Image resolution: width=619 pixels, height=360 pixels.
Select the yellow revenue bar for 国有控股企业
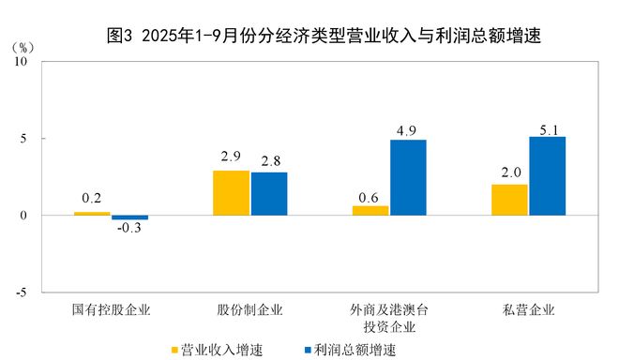(x=92, y=214)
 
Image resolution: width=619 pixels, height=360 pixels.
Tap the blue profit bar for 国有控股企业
(x=129, y=217)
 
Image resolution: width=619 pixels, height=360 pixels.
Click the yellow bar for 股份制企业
(x=231, y=193)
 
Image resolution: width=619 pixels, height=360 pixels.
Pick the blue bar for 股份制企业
(x=269, y=194)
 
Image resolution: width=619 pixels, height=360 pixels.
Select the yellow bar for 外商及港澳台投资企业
(x=370, y=211)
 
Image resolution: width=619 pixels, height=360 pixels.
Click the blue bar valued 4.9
(x=408, y=178)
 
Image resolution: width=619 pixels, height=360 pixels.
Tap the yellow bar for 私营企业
(x=509, y=200)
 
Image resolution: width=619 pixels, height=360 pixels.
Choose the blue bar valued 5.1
(x=548, y=176)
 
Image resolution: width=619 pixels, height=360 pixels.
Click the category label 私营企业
(x=529, y=308)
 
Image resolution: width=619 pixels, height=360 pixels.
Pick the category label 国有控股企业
(x=111, y=308)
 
